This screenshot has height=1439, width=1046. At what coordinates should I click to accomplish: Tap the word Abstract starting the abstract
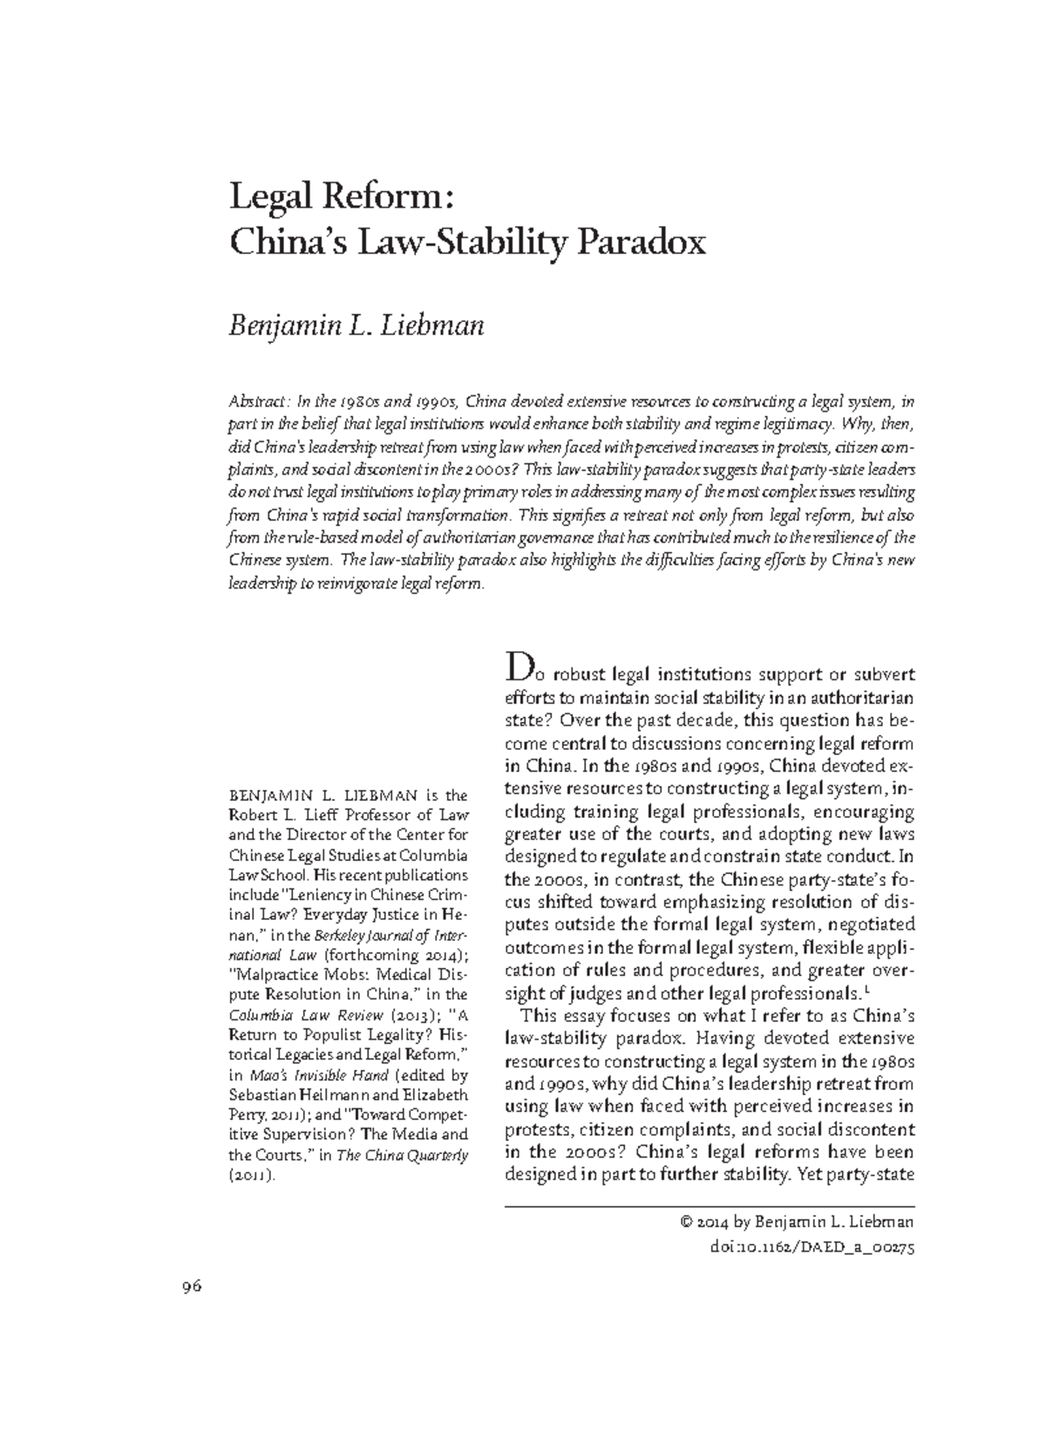(x=258, y=402)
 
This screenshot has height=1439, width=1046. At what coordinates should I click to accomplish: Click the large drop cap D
(x=517, y=671)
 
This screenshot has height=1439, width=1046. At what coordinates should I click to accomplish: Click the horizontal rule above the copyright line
(x=710, y=1204)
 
